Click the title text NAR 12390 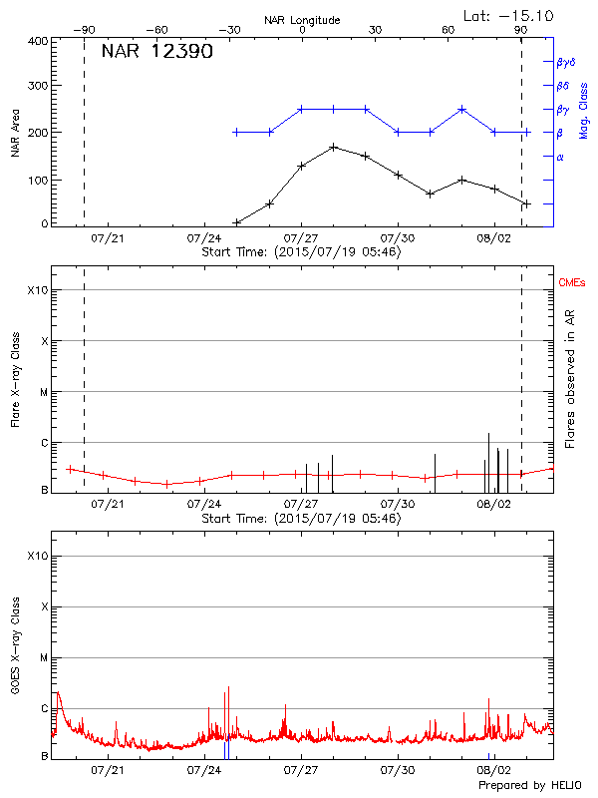tap(156, 52)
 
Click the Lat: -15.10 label tap(509, 15)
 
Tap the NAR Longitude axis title tap(302, 20)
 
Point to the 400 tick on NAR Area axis tap(38, 41)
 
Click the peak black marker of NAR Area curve tap(333, 147)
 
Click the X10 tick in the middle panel tap(37, 290)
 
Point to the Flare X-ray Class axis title tap(16, 380)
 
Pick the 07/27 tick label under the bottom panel tap(301, 771)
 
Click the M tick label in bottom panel tap(43, 658)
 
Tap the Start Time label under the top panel tap(301, 252)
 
